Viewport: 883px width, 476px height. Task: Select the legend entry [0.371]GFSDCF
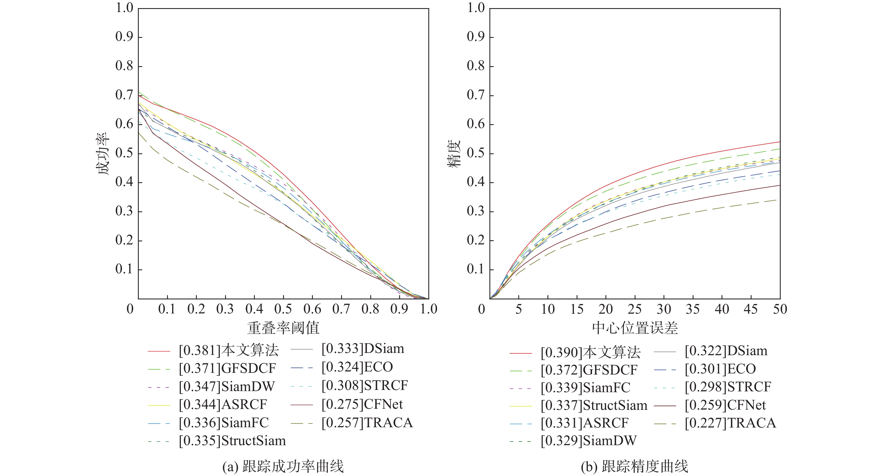tap(227, 368)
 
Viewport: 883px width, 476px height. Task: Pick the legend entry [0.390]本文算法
tap(591, 352)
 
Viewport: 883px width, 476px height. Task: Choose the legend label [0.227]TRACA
tap(731, 423)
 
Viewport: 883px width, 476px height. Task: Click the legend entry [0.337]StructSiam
tap(594, 405)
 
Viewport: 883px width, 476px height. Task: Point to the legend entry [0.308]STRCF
tap(365, 386)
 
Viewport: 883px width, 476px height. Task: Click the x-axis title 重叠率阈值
tap(283, 328)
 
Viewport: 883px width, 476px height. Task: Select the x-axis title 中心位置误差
tap(635, 328)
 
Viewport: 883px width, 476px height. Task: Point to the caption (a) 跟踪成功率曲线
tap(283, 466)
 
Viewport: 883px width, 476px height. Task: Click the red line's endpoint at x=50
tap(780, 142)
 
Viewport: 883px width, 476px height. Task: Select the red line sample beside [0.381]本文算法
tap(159, 351)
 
